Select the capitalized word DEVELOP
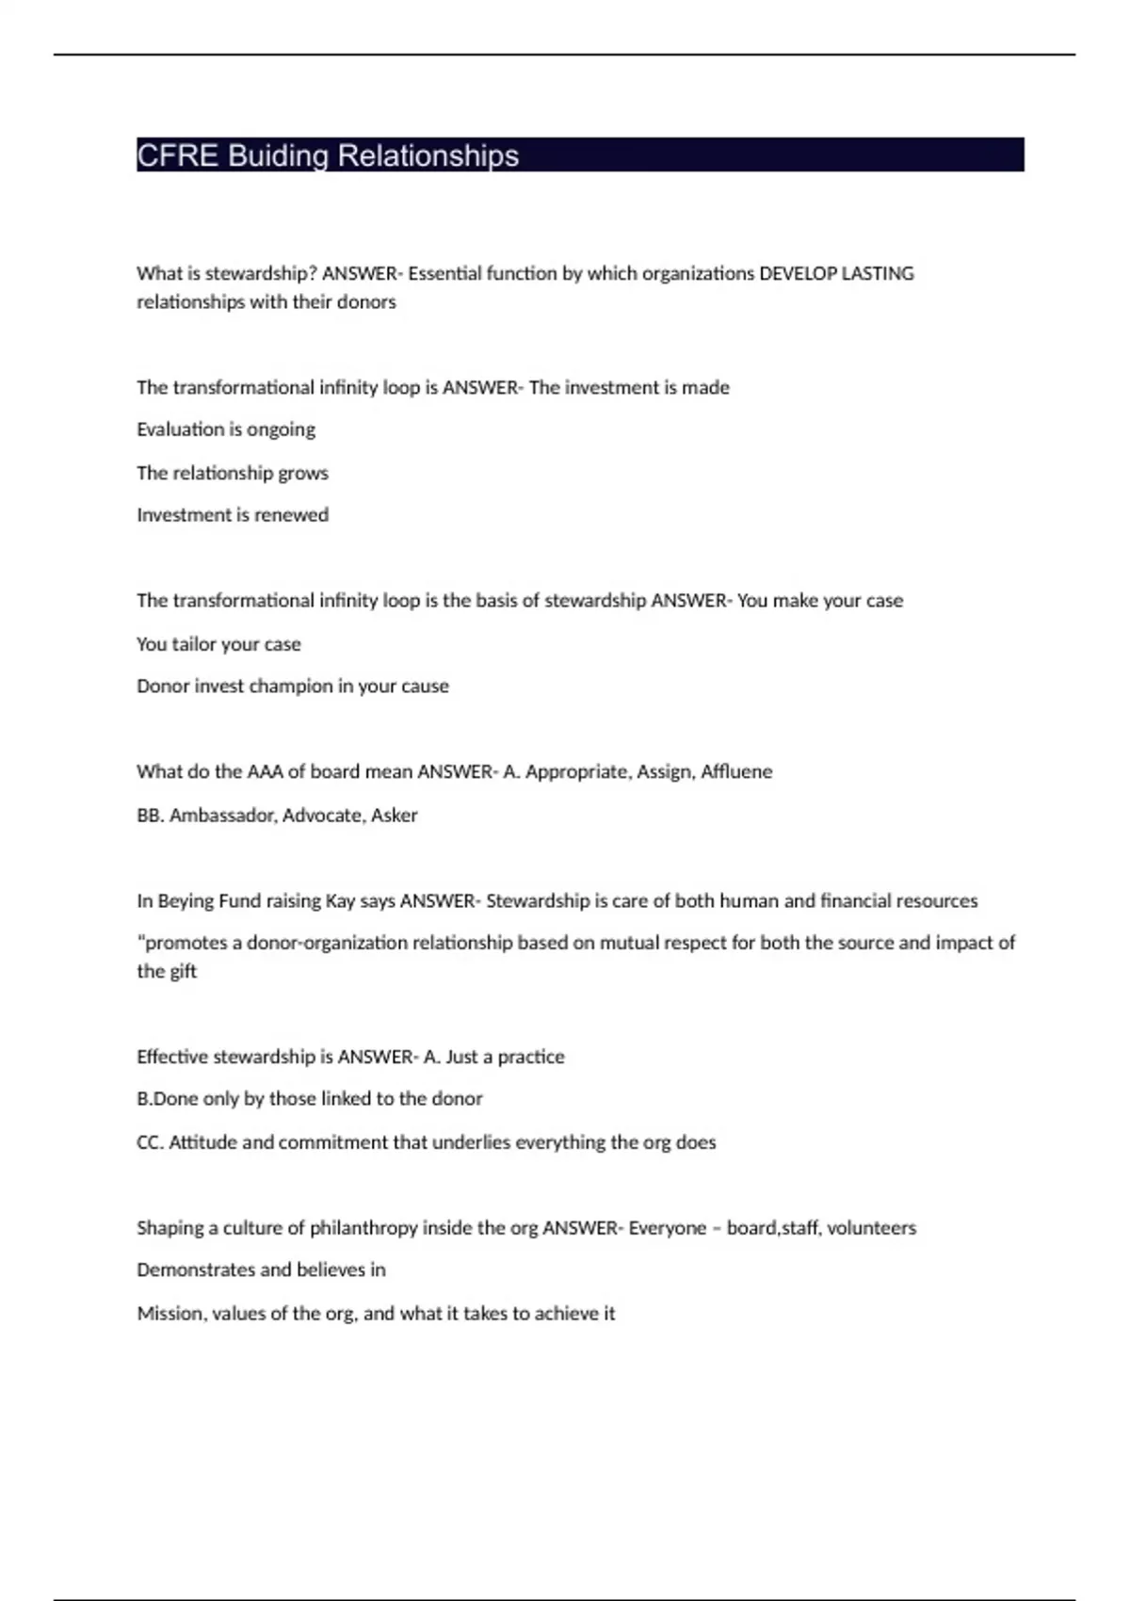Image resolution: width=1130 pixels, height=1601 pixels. (x=798, y=274)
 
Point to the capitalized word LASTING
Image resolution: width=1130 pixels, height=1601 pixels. (x=878, y=274)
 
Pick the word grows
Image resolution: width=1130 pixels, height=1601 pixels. (x=304, y=473)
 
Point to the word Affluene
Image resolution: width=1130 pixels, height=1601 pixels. (x=736, y=772)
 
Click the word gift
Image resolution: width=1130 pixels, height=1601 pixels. (x=182, y=972)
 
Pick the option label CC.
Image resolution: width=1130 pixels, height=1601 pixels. (x=149, y=1142)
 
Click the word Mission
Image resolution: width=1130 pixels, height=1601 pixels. (x=169, y=1314)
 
